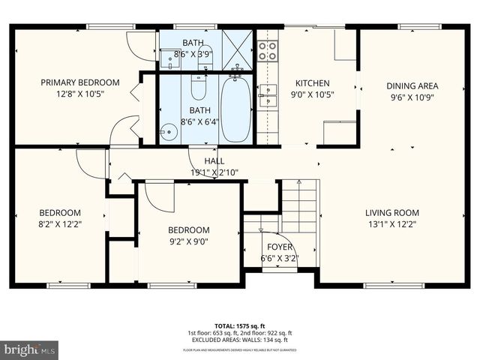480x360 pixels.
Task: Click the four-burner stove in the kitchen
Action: point(268,49)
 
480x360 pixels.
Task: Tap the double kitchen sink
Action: point(267,95)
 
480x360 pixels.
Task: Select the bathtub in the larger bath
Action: point(235,109)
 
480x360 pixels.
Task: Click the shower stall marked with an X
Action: point(238,49)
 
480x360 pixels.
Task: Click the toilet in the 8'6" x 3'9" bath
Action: point(205,58)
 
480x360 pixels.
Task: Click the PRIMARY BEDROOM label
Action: point(79,82)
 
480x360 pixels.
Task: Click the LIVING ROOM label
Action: point(392,212)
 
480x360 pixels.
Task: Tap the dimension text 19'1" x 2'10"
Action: point(214,172)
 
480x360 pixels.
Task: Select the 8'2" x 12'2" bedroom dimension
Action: point(61,223)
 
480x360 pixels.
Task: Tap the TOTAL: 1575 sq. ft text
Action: point(240,325)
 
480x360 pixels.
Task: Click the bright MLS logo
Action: point(30,349)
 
